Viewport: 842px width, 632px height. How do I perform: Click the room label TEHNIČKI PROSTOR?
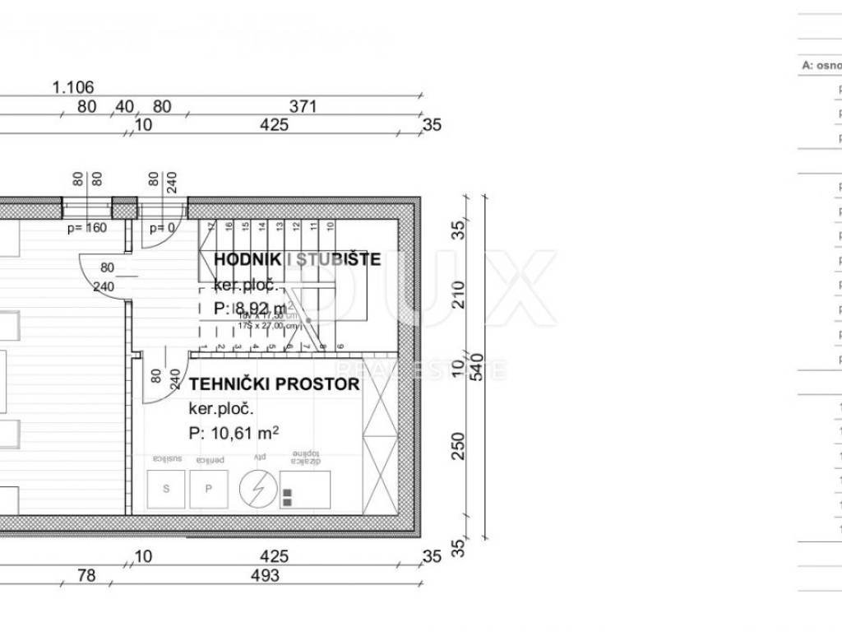point(274,384)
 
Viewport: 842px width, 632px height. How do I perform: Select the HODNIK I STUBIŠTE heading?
point(297,260)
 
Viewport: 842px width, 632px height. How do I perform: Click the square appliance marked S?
point(166,489)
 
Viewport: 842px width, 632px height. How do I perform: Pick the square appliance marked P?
point(209,489)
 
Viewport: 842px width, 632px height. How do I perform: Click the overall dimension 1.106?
point(73,86)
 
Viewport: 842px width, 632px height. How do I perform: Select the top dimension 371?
point(303,106)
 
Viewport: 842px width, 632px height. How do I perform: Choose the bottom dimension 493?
point(265,576)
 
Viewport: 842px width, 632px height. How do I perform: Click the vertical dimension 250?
point(459,446)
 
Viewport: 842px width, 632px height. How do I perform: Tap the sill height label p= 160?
point(87,228)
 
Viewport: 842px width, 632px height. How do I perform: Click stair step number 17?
point(210,225)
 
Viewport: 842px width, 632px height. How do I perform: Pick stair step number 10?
point(330,225)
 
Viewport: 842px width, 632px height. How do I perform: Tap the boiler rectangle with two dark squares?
point(305,490)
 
